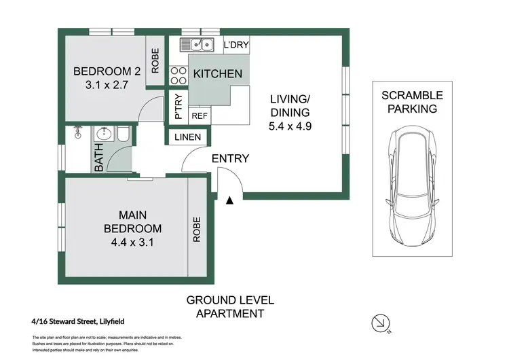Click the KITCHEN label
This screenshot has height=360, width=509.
[x=218, y=73]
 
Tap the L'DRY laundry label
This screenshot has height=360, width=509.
[x=235, y=46]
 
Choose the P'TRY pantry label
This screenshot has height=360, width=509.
[x=178, y=107]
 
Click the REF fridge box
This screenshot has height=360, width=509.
[x=200, y=116]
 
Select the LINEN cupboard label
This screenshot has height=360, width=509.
[x=187, y=137]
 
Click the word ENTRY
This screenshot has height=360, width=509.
[x=230, y=159]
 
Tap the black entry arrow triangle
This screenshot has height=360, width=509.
[x=230, y=200]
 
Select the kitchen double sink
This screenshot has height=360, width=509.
[x=197, y=46]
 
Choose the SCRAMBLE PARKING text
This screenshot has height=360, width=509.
[x=411, y=102]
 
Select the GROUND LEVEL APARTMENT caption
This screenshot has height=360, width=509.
[x=229, y=306]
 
